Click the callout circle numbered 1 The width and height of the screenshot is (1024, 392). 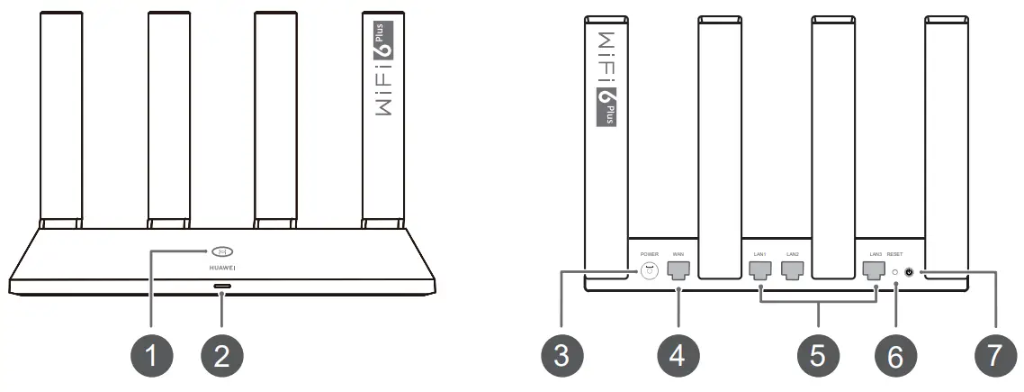click(152, 355)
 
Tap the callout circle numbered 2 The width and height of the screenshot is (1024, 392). click(221, 355)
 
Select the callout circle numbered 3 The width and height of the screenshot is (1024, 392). click(561, 355)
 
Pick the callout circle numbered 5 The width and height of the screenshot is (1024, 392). click(818, 355)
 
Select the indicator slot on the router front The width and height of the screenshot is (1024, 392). click(221, 289)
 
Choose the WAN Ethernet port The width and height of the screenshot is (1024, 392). click(679, 269)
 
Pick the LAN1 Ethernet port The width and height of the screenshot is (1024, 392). click(760, 269)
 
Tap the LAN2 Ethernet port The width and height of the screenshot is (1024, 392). click(792, 269)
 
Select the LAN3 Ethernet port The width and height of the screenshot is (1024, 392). click(873, 269)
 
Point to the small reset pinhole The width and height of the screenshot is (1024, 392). click(895, 271)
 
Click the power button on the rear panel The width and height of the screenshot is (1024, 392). click(911, 271)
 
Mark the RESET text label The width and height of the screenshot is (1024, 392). click(895, 255)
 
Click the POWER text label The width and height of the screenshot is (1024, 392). click(650, 255)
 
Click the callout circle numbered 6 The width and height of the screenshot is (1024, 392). click(895, 355)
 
